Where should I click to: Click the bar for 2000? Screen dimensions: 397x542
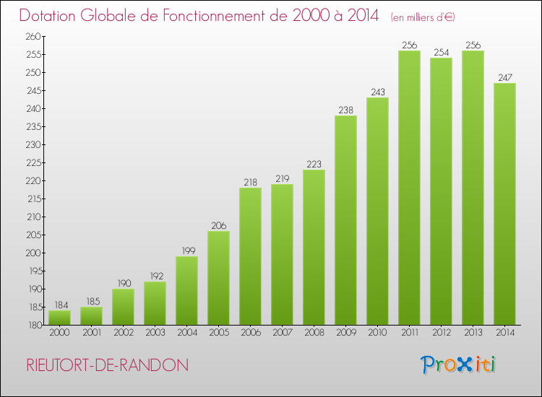click(x=59, y=317)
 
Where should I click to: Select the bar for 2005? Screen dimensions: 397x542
click(x=218, y=278)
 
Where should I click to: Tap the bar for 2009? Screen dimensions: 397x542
click(x=345, y=220)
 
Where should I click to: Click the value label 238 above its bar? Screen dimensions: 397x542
click(x=345, y=110)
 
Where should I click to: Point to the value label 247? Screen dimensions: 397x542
click(x=504, y=78)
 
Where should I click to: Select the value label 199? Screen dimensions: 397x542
click(x=186, y=251)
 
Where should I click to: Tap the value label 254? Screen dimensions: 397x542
click(x=441, y=53)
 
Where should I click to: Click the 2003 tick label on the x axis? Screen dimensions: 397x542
click(x=155, y=333)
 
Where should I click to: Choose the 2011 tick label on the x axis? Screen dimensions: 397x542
click(x=409, y=333)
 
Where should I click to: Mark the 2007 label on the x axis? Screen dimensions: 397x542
click(x=282, y=333)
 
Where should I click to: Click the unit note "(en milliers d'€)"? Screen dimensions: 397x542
click(x=423, y=17)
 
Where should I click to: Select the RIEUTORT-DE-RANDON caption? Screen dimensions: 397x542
click(x=107, y=365)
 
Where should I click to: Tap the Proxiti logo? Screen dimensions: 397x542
click(x=459, y=365)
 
